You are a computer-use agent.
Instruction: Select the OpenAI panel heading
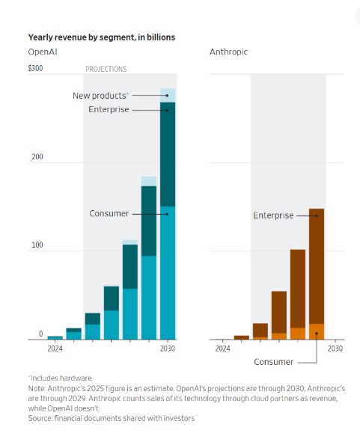[43, 52]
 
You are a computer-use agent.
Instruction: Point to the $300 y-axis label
[36, 69]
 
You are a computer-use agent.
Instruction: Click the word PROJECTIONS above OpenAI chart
[106, 69]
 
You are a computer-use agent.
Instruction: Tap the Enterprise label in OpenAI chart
[109, 109]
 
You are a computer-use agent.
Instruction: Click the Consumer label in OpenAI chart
[109, 214]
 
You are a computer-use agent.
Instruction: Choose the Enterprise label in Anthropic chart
[273, 215]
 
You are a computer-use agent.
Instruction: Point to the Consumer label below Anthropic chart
[273, 361]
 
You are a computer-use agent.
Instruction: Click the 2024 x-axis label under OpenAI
[55, 349]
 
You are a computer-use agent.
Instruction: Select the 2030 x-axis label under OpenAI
[167, 349]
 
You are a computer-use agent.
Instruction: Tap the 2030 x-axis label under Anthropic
[335, 349]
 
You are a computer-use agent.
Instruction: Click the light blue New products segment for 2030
[168, 95]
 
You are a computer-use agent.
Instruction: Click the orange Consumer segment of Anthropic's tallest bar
[316, 331]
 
